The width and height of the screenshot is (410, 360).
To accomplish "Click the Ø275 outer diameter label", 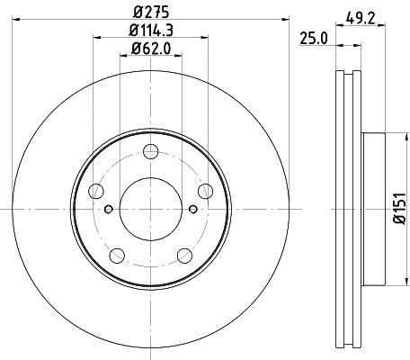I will point(152,12).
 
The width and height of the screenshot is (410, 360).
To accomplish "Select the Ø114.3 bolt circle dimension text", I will point(152,32).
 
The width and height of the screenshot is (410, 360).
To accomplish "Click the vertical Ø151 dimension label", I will point(399,208).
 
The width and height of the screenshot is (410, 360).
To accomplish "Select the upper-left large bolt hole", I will point(96,190).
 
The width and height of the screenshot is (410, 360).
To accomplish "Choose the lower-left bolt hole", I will point(117,254).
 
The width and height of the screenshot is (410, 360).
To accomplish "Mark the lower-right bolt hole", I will point(185,254).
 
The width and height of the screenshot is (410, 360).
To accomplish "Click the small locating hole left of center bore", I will point(109,210).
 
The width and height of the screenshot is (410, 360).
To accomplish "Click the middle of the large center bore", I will point(151,209).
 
